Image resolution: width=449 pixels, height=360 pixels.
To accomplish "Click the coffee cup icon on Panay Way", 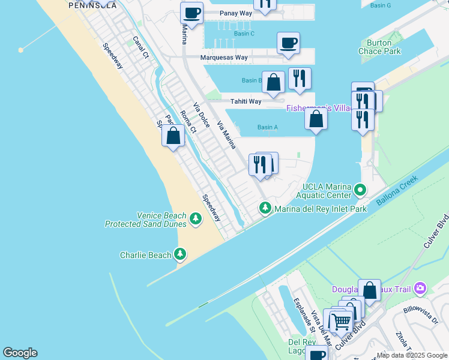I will pos(192,13).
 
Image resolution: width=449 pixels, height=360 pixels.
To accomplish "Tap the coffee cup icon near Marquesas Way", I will pos(288,43).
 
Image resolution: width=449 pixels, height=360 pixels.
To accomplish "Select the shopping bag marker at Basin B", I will pos(273,82).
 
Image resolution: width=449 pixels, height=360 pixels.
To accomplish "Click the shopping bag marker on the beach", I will pos(173,136).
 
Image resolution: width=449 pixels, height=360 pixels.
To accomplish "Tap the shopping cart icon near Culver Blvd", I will pos(341,321).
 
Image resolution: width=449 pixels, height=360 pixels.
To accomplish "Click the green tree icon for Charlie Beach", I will pos(180,254).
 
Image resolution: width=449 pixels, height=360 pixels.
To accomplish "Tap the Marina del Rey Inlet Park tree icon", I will pos(265,209).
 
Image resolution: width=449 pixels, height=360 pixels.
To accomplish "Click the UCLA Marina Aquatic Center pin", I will pos(360,190).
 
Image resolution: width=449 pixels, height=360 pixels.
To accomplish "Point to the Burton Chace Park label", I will pos(379,47).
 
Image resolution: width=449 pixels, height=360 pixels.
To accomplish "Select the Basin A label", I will pos(267,127).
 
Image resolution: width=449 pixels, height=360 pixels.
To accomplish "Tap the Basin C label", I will pos(244,34).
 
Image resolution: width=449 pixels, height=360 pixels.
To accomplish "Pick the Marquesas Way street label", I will pos(224,58).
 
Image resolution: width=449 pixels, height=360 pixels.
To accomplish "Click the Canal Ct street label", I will pos(141,47).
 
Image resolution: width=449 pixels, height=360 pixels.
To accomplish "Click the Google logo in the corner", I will pos(20,353).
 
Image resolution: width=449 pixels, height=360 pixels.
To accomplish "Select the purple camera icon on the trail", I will pos(420,289).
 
